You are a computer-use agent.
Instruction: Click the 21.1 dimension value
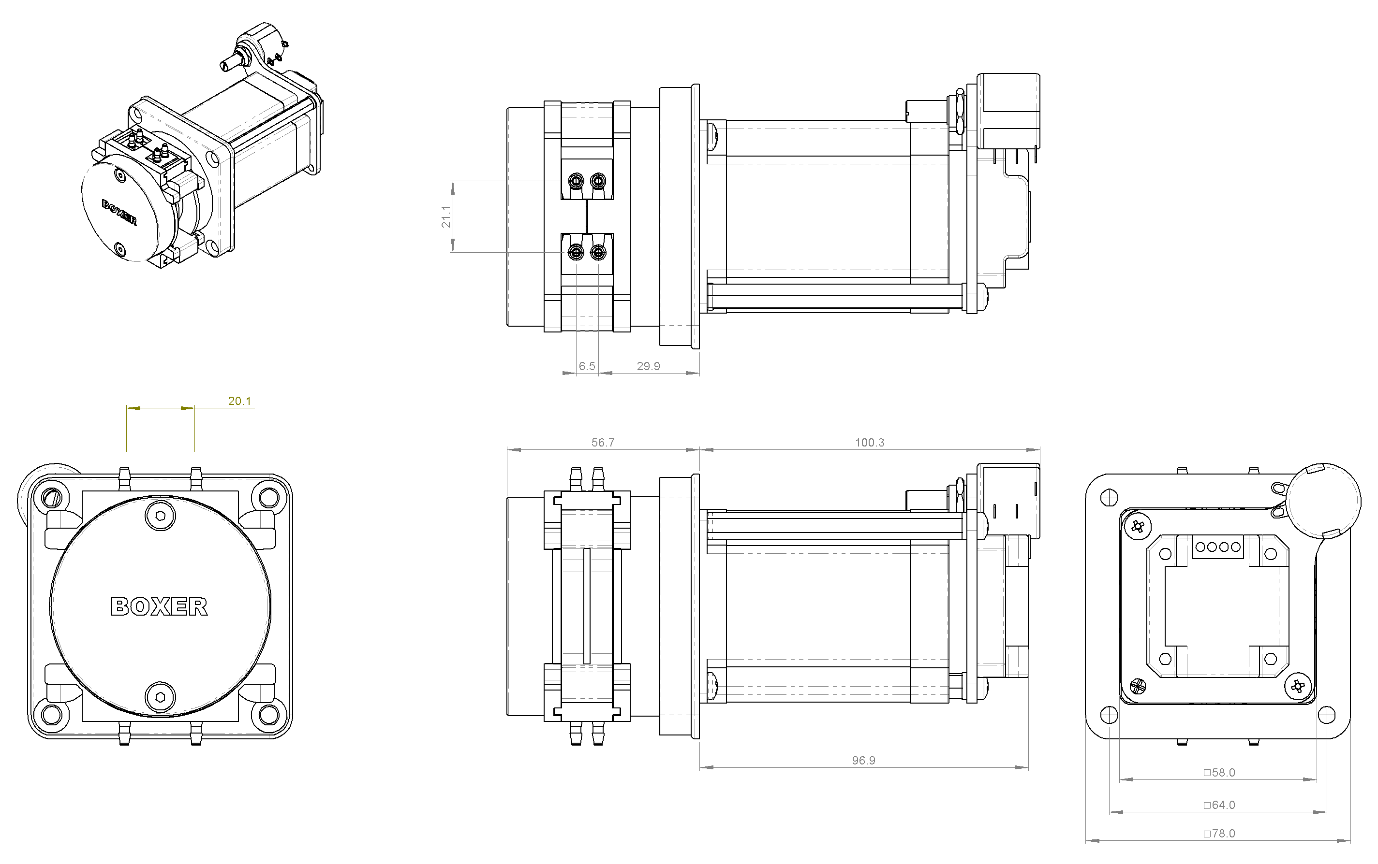pos(446,216)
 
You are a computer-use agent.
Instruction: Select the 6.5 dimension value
pos(587,366)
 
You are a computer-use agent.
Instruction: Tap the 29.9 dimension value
pos(649,366)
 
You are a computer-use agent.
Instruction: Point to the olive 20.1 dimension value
pos(239,401)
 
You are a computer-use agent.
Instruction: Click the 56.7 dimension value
pos(603,442)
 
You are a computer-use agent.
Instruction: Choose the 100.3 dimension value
pos(869,442)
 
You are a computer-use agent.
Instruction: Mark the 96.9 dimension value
pos(863,760)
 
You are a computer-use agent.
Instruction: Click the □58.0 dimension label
pos(1219,773)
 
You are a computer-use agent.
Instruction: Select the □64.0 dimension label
pos(1219,805)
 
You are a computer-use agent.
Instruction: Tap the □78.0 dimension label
pos(1219,834)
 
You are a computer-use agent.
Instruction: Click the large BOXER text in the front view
pos(159,606)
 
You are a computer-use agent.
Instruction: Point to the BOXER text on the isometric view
pos(119,212)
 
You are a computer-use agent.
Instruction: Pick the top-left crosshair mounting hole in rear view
pos(1109,497)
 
